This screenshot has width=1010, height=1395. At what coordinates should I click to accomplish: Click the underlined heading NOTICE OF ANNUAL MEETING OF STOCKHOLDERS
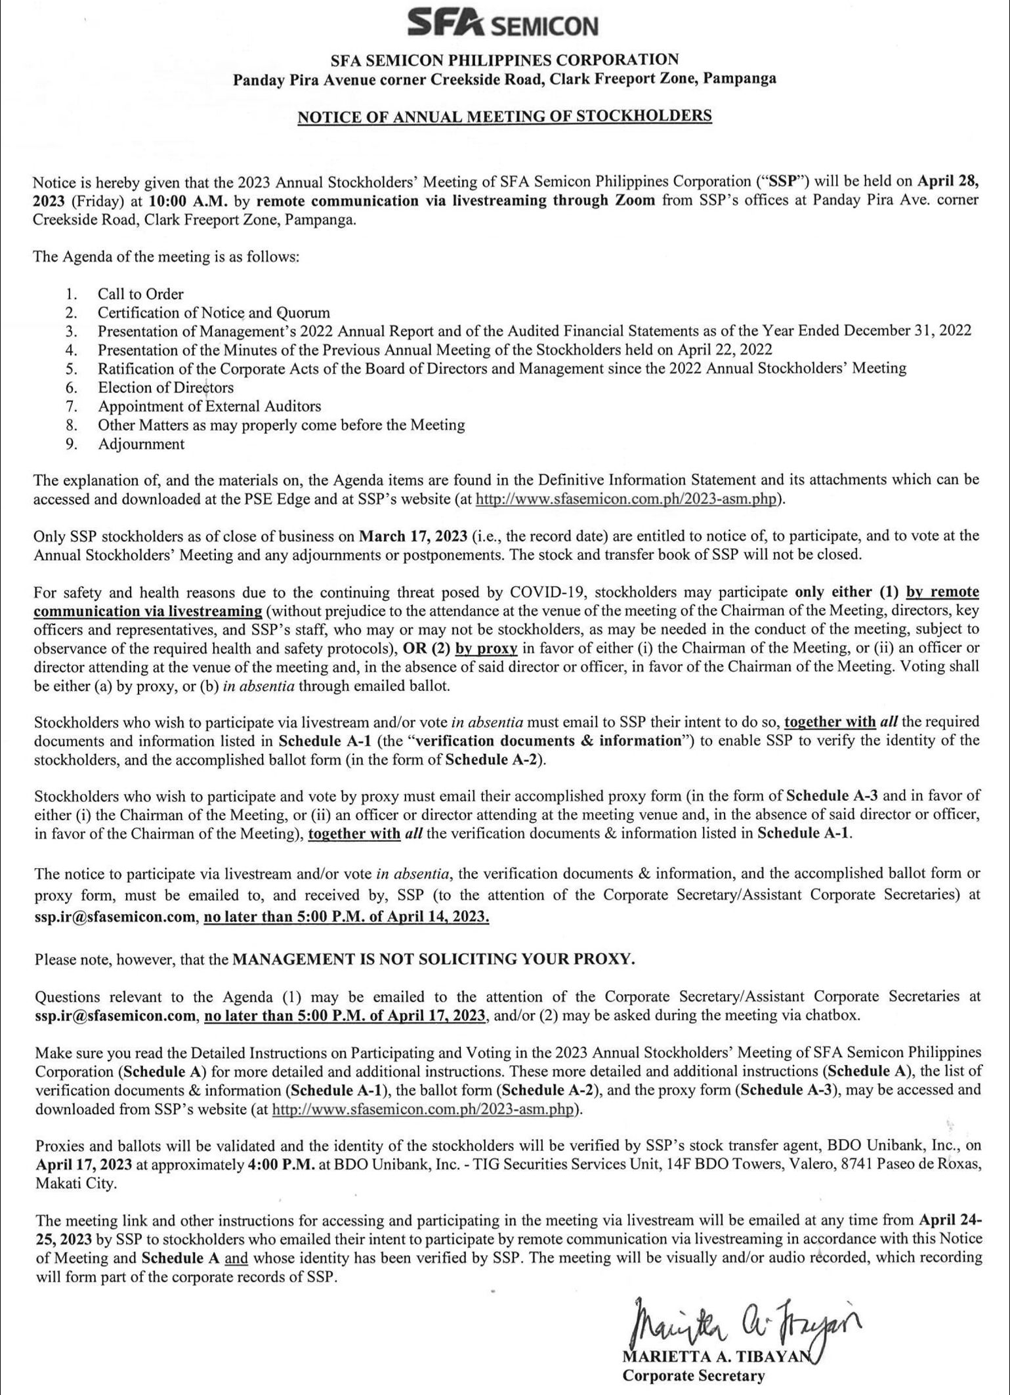pyautogui.click(x=504, y=116)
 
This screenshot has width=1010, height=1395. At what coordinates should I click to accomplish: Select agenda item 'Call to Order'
pyautogui.click(x=140, y=294)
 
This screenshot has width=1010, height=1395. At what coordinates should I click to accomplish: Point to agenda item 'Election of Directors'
pyautogui.click(x=165, y=387)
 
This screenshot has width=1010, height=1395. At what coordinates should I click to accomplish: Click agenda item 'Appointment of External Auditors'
pyautogui.click(x=209, y=406)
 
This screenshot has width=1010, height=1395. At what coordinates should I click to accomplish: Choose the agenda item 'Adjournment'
pyautogui.click(x=141, y=444)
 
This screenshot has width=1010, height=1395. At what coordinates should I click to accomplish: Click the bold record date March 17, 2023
pyautogui.click(x=413, y=535)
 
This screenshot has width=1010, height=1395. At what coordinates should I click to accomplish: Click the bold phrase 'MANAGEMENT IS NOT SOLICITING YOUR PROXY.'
pyautogui.click(x=434, y=959)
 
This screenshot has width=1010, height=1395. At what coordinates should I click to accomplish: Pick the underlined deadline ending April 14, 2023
pyautogui.click(x=347, y=917)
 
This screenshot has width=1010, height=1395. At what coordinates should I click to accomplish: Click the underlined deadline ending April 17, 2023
pyautogui.click(x=345, y=1016)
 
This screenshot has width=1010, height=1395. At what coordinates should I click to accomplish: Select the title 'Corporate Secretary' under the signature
pyautogui.click(x=694, y=1375)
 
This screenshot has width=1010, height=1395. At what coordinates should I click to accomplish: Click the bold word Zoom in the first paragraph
pyautogui.click(x=635, y=201)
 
